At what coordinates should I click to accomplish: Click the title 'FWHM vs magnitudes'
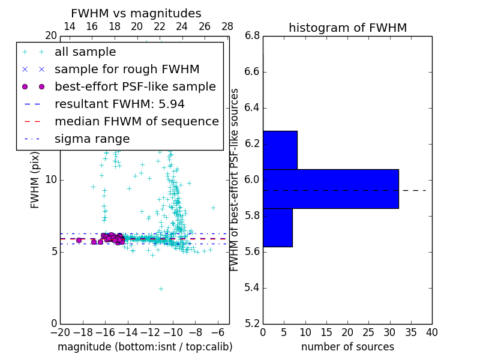[x=136, y=13]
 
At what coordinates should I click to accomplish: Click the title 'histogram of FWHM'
[x=347, y=28]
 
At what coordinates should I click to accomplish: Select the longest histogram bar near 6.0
[x=331, y=188]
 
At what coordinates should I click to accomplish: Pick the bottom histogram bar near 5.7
[x=277, y=227]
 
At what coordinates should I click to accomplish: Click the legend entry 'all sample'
[x=85, y=52]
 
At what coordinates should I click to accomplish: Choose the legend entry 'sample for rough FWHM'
[x=127, y=70]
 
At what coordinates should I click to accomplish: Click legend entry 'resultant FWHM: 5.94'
[x=119, y=104]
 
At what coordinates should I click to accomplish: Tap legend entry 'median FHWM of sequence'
[x=136, y=121]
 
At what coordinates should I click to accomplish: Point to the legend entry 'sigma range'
[x=92, y=139]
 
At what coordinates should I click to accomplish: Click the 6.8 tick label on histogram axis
[x=252, y=36]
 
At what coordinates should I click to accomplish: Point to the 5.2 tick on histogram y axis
[x=252, y=323]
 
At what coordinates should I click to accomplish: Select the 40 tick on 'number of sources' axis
[x=431, y=332]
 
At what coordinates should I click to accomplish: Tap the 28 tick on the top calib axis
[x=227, y=26]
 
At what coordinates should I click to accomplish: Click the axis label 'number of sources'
[x=347, y=347]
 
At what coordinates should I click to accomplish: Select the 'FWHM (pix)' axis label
[x=35, y=180]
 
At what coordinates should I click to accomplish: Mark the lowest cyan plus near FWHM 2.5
[x=161, y=289]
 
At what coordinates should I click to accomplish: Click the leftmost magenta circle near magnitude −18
[x=79, y=240]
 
